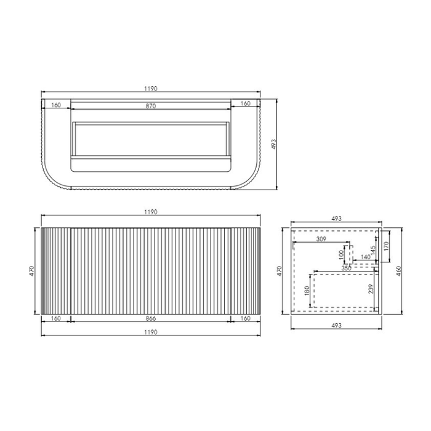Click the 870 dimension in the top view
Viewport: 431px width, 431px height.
(x=151, y=106)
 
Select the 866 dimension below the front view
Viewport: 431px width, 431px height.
(x=151, y=319)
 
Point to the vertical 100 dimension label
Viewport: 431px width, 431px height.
(x=339, y=254)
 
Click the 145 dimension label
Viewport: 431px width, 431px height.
(x=373, y=252)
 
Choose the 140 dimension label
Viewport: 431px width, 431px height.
(x=365, y=257)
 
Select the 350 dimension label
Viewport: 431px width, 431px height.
(x=346, y=268)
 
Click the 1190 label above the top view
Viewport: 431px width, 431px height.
(x=151, y=89)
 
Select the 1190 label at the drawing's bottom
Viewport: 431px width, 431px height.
(x=151, y=332)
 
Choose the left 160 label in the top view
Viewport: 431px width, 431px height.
(x=55, y=105)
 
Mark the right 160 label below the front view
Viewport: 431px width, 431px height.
(x=246, y=319)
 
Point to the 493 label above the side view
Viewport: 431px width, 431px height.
(x=336, y=219)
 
